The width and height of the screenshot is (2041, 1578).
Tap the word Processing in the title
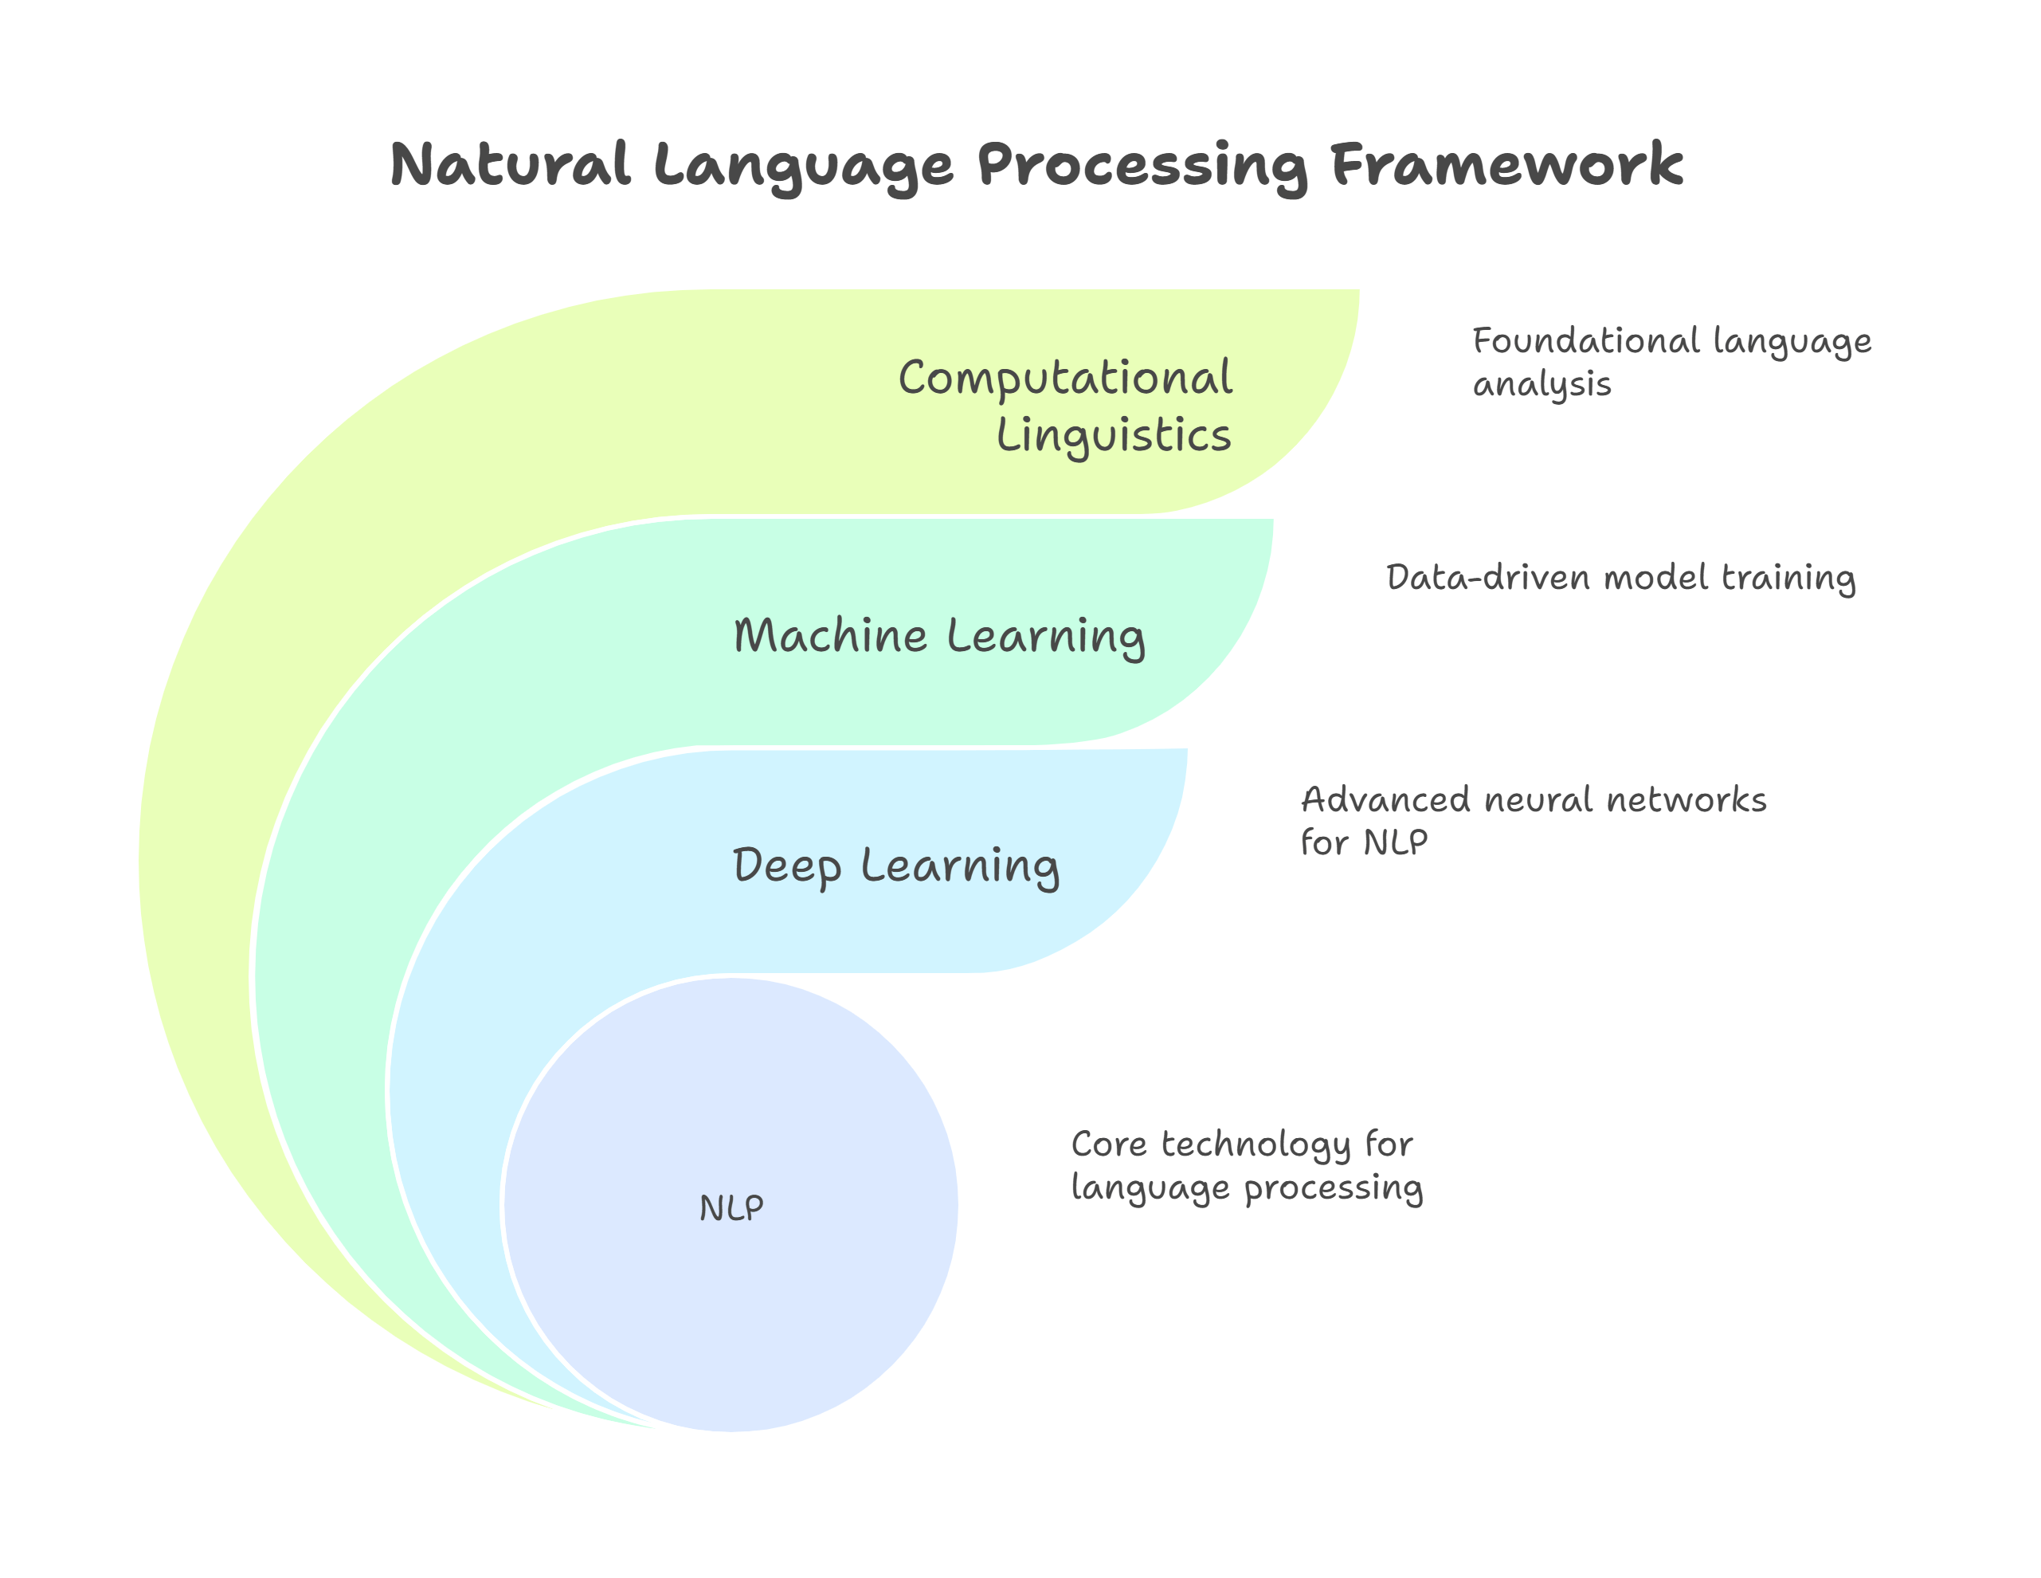coord(1142,167)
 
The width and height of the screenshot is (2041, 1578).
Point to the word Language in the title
coord(803,167)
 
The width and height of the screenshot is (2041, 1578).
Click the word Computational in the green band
coord(1065,379)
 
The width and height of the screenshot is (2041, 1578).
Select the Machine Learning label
coord(939,637)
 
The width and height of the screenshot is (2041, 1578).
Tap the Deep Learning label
coord(895,866)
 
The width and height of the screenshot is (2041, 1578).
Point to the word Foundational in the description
coord(1586,341)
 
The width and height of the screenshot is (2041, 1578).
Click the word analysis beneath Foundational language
coord(1542,384)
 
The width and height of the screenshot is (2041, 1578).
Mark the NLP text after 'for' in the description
coord(1395,843)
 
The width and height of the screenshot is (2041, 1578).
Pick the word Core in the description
coord(1108,1144)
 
